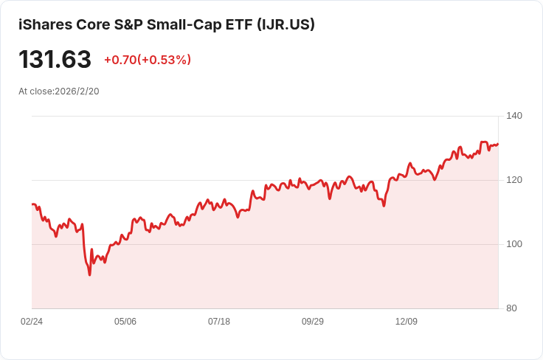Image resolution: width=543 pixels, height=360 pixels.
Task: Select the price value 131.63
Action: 55,60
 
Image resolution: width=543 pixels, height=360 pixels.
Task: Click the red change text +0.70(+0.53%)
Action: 147,60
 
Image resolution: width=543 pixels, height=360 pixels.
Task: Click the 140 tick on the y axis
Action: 514,116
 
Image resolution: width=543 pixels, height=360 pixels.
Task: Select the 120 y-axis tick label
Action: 514,180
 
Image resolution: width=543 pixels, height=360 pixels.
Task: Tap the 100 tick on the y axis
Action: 514,244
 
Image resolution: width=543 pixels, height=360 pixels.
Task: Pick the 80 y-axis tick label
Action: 511,308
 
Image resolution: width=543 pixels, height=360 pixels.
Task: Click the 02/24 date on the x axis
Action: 32,322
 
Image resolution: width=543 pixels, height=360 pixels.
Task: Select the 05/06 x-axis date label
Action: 125,322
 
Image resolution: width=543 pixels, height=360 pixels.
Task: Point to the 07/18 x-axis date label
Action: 219,322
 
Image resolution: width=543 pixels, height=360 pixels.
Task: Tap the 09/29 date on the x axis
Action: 313,322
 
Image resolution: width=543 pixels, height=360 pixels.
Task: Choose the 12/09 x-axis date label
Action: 407,322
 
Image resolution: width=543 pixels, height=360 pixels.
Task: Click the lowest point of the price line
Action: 90,275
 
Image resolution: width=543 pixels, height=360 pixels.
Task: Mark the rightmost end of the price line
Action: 498,144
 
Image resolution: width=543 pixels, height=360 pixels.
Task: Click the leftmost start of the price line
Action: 32,204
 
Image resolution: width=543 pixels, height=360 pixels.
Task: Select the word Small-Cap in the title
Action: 181,24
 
